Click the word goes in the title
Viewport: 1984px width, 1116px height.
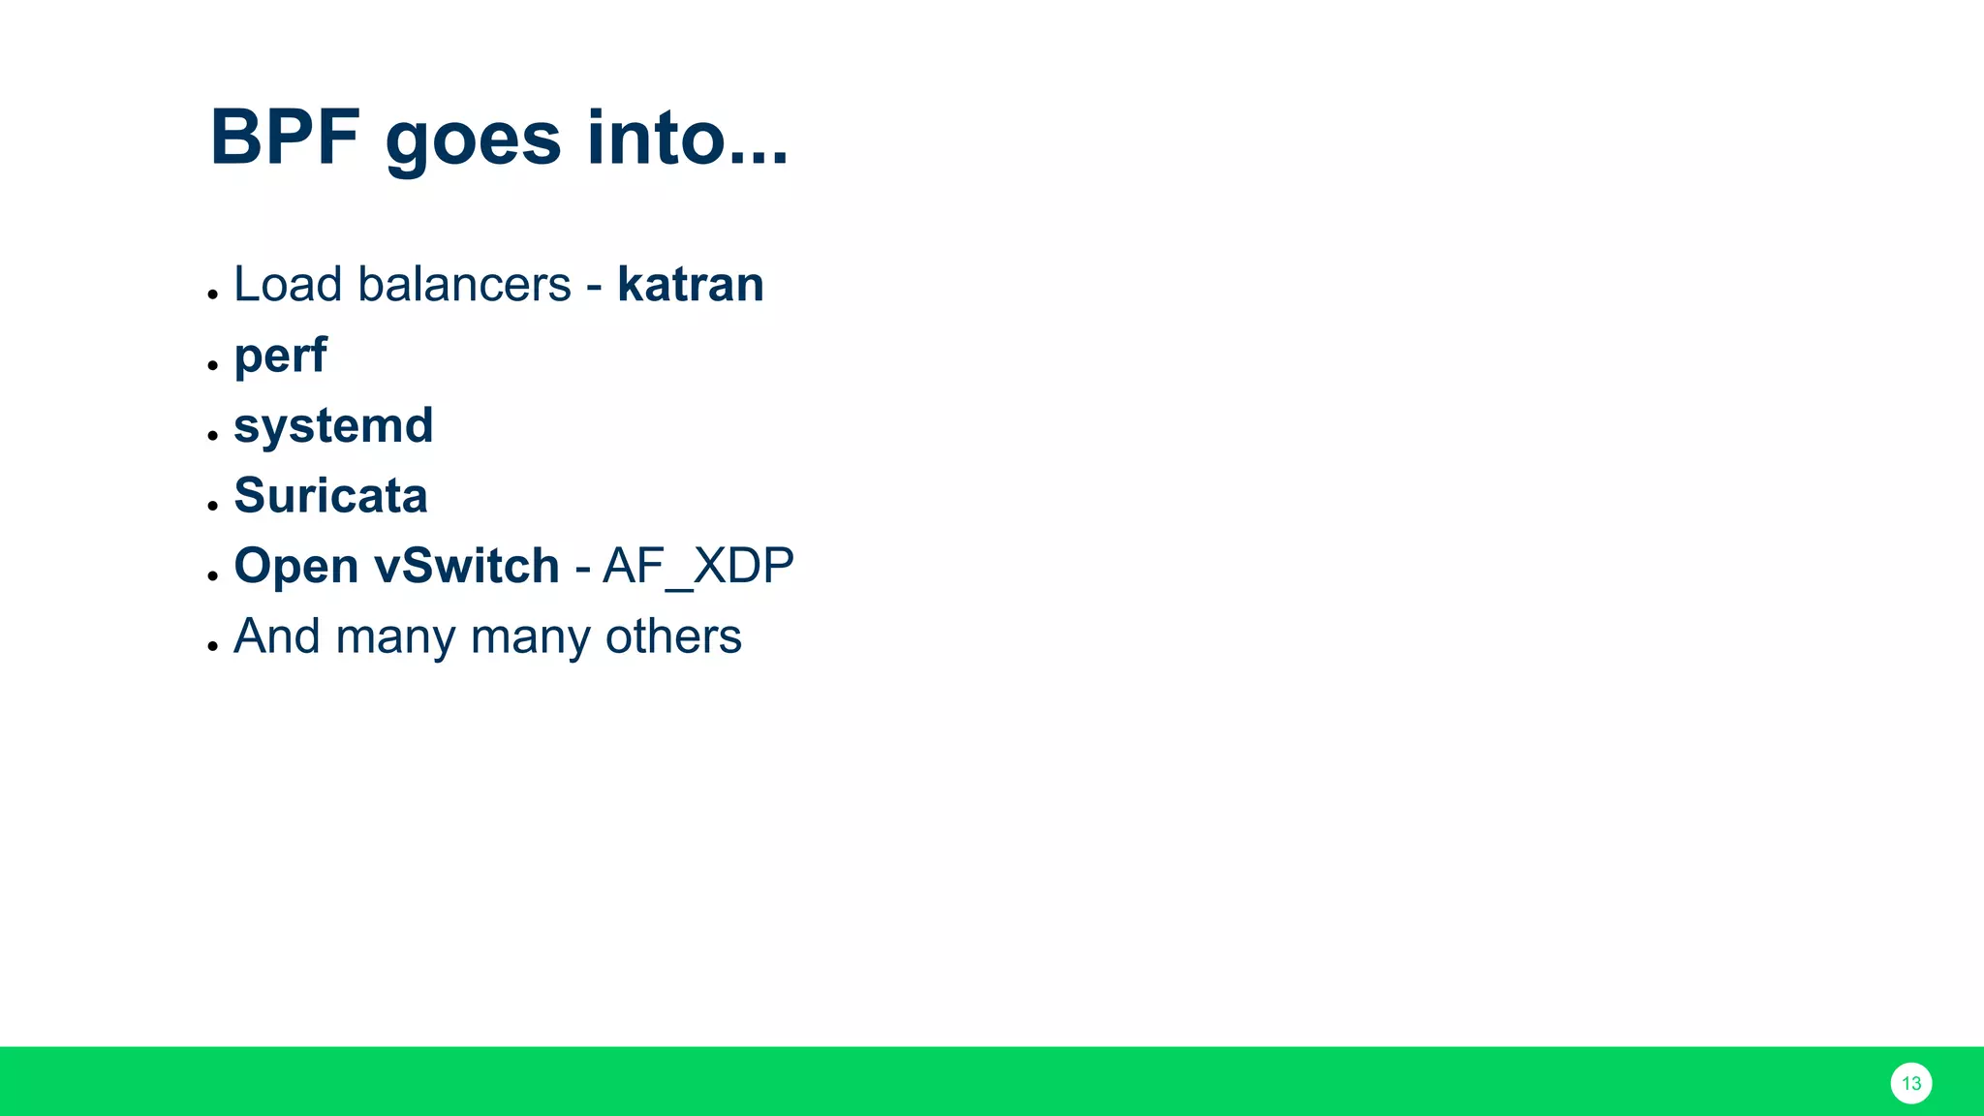pos(473,141)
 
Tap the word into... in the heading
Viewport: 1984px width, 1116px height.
pos(688,138)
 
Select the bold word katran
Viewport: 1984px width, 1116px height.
pos(691,285)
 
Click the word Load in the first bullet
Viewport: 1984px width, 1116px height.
pos(288,285)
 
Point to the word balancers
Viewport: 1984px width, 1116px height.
pos(464,285)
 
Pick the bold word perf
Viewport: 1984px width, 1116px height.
pos(280,356)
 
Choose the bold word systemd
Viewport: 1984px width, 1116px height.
pos(333,427)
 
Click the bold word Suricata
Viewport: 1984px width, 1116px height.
pos(330,496)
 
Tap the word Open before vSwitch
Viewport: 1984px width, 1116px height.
pos(296,567)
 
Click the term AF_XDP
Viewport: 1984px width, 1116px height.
pos(698,567)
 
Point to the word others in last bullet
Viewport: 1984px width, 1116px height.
pos(673,637)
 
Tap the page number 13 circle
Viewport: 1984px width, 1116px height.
pos(1910,1083)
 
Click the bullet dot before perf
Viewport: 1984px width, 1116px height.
pos(212,366)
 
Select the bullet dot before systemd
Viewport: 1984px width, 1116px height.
pos(212,436)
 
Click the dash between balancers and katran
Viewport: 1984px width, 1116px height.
pos(594,288)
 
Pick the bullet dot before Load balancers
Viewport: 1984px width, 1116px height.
pos(212,294)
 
